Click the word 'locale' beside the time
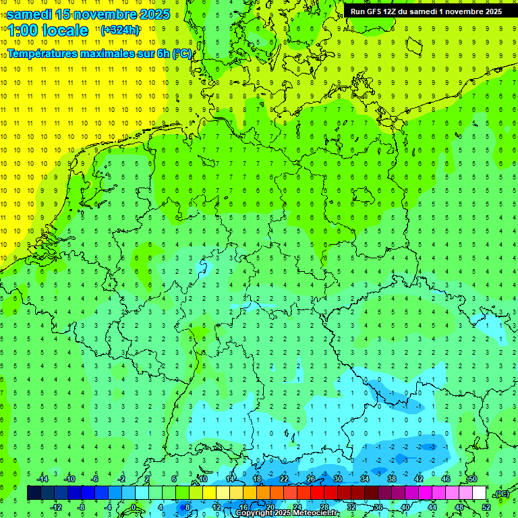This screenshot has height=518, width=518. tap(65, 30)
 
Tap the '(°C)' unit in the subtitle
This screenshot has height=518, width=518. tap(181, 53)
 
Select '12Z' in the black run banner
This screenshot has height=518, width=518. tap(395, 11)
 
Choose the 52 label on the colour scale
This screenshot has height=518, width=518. tap(486, 507)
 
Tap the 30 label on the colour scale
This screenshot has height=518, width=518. tap(338, 479)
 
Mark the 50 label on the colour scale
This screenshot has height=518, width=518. tap(473, 479)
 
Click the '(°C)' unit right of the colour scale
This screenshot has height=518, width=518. tap(501, 494)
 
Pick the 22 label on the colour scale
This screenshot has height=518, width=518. tap(284, 479)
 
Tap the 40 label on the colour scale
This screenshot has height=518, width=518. tap(405, 507)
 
